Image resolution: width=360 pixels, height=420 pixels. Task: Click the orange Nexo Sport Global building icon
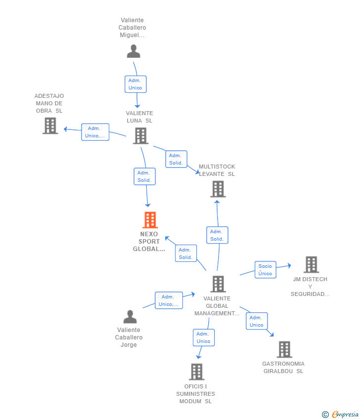coord(150,220)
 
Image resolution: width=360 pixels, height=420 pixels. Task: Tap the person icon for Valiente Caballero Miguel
coord(134,51)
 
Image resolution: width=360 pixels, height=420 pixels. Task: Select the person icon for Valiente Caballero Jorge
coord(130,317)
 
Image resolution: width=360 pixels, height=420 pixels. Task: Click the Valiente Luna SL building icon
coord(140,135)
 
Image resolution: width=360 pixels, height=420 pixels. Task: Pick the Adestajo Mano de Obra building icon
coord(50,126)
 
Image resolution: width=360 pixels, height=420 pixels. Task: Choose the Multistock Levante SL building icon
coord(218,189)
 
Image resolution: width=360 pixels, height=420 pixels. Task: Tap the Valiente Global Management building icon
coord(218,284)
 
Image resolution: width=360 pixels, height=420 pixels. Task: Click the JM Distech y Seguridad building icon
coord(311,264)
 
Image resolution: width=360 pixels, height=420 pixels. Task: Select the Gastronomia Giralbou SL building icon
coord(284,349)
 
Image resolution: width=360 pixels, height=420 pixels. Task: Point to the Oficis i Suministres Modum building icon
coord(197,372)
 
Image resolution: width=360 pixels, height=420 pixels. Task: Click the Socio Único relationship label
coord(265,270)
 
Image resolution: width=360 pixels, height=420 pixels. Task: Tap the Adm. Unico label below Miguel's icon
coord(135,84)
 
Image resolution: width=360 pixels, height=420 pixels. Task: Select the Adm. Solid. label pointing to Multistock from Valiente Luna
coord(176,159)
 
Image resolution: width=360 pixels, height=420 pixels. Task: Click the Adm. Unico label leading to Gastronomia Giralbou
coord(257,321)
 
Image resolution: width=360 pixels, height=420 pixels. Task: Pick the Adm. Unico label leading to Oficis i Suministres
coord(204,337)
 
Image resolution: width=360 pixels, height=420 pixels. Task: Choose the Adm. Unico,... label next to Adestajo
coord(95,132)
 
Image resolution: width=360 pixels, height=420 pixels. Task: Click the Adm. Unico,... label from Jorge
coord(169,300)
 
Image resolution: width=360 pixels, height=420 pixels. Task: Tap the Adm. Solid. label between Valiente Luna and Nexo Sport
coord(144,176)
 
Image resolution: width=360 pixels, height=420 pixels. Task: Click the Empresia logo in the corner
coord(340,414)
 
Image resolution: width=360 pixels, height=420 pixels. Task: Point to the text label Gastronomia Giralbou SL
coord(283,368)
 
